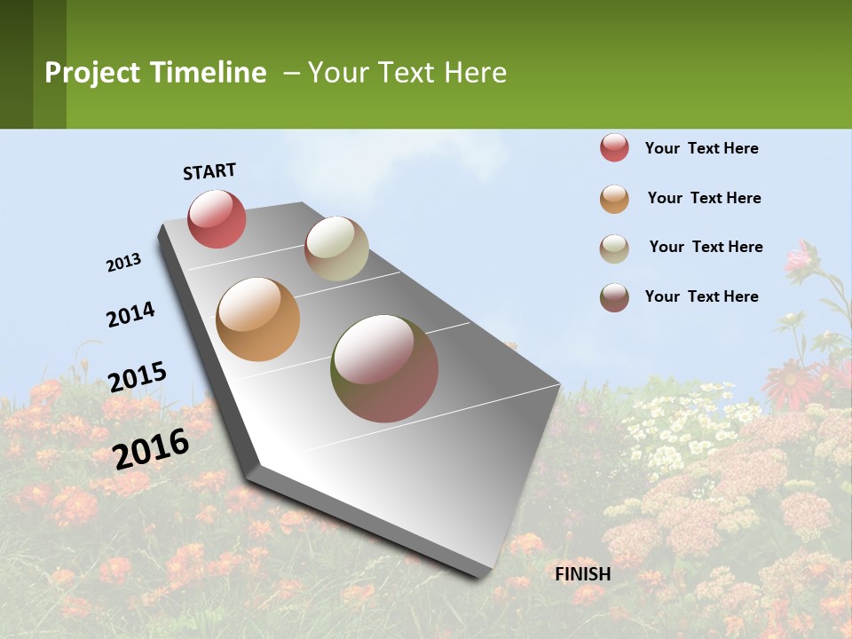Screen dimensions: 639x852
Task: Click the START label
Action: point(209,171)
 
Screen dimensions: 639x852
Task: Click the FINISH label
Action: point(583,574)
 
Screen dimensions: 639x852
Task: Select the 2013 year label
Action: point(123,263)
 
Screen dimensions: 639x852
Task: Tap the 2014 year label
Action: point(130,314)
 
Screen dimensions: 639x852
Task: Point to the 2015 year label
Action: point(138,376)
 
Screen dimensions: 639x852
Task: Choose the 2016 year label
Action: point(151,448)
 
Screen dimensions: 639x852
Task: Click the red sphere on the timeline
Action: point(217,218)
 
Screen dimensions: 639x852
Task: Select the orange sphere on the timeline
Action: point(257,319)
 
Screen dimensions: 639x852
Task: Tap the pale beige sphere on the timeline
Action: point(336,248)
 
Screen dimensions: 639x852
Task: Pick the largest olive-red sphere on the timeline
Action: point(384,368)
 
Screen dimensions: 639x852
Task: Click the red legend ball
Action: point(614,148)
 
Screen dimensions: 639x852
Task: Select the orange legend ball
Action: point(614,199)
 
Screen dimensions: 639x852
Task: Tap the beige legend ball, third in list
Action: point(614,248)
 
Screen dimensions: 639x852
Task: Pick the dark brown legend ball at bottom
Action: point(614,297)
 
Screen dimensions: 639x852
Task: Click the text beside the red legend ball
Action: point(701,148)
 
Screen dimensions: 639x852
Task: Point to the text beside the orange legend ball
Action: point(704,198)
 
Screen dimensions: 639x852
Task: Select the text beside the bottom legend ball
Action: point(701,296)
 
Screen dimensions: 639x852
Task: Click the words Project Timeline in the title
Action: point(155,73)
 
